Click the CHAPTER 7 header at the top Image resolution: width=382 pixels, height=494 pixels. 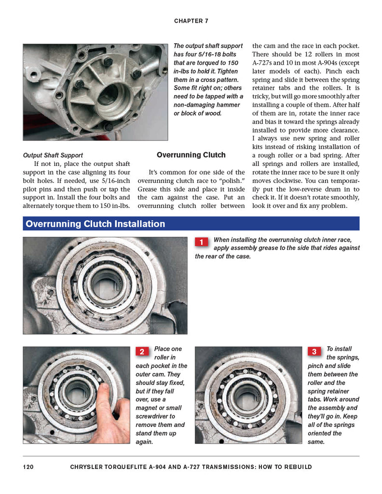tap(191, 21)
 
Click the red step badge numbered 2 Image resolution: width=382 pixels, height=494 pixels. tap(142, 352)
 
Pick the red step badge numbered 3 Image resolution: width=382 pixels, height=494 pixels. tap(314, 352)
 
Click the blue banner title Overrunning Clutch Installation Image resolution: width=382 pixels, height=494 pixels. tap(95, 224)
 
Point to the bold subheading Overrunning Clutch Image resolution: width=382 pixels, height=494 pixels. tap(191, 155)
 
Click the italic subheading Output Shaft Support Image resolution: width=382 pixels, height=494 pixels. tap(53, 155)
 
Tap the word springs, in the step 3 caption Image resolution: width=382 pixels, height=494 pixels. tap(342, 357)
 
